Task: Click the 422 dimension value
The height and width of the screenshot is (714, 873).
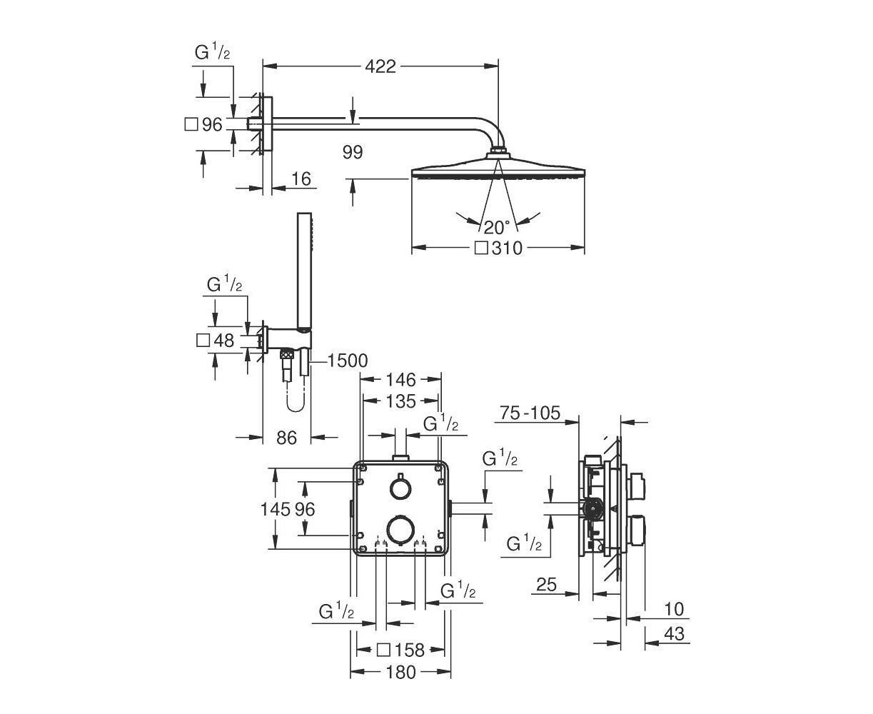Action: pyautogui.click(x=380, y=66)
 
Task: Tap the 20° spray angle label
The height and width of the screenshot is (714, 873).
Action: pyautogui.click(x=497, y=227)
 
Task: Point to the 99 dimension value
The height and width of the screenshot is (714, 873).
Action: pyautogui.click(x=353, y=152)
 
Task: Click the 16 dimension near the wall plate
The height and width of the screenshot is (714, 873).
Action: pyautogui.click(x=301, y=179)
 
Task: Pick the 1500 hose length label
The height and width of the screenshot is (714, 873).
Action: pyautogui.click(x=348, y=361)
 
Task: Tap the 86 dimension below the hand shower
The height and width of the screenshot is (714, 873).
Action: pyautogui.click(x=286, y=438)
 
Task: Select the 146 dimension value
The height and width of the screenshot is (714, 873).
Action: pyautogui.click(x=400, y=379)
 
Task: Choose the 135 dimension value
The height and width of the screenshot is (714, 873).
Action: pyautogui.click(x=400, y=401)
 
